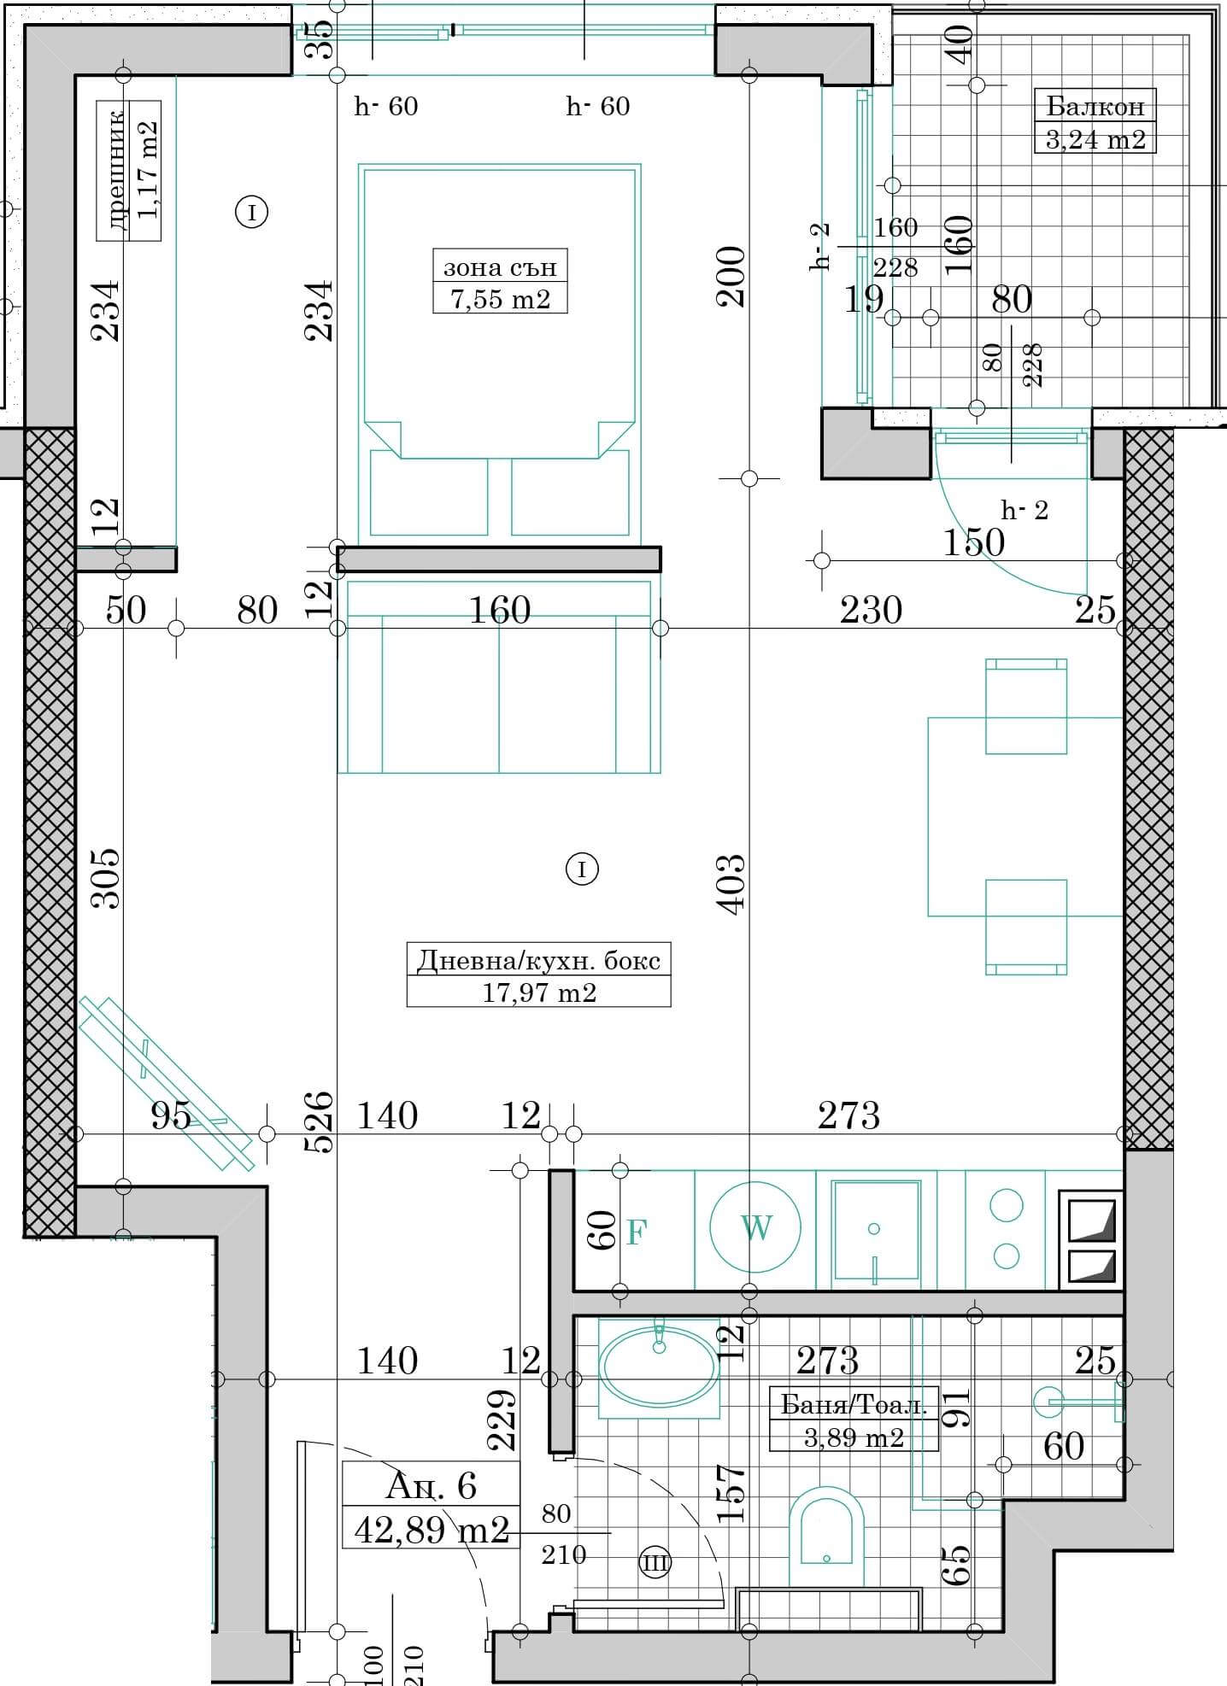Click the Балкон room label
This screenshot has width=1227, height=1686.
click(1095, 107)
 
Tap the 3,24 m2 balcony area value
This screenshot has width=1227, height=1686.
click(1095, 138)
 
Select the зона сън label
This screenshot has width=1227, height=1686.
click(500, 267)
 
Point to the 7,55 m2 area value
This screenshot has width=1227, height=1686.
click(500, 299)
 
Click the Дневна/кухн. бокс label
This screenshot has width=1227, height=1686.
click(538, 960)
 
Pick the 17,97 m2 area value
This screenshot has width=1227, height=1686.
click(538, 992)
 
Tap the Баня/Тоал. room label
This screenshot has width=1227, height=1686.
click(854, 1405)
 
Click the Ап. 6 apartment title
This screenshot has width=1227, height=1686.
click(431, 1486)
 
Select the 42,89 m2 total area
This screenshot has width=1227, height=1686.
click(432, 1529)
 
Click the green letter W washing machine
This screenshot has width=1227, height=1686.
click(756, 1228)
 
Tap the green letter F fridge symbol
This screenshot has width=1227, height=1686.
click(636, 1232)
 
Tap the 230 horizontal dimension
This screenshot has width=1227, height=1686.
click(871, 610)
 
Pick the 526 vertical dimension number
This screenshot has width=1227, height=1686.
click(318, 1122)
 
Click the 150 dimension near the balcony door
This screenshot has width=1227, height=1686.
click(974, 542)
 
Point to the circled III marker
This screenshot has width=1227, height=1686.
click(656, 1562)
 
